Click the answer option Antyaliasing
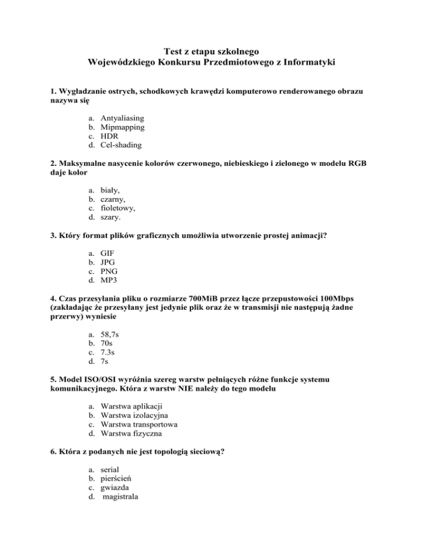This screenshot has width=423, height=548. pos(122,118)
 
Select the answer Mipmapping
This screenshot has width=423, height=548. pos(122,127)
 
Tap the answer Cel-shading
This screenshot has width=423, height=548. pos(121,146)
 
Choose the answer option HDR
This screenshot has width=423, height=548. pos(110,136)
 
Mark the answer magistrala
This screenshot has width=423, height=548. pos(121,496)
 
